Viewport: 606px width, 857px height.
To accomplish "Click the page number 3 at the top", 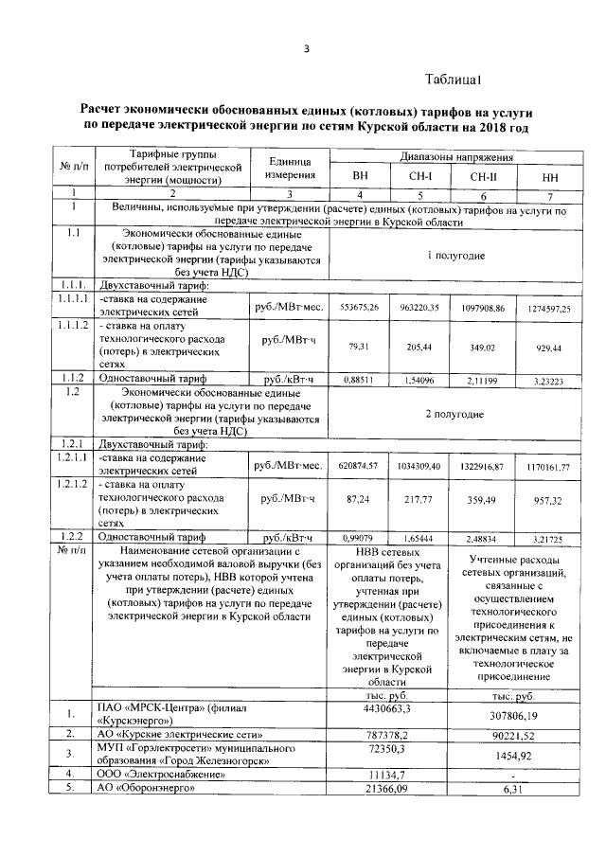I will (306, 50).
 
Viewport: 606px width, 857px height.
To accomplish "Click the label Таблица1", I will (454, 80).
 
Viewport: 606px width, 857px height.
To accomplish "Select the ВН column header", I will (360, 177).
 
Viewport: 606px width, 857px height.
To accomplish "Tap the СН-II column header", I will (484, 177).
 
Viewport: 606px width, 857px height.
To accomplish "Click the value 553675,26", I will (359, 308).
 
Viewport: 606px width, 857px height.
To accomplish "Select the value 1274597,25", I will (549, 308).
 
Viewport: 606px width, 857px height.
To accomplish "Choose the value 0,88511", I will (359, 381).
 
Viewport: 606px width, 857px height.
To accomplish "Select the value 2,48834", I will (484, 536).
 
